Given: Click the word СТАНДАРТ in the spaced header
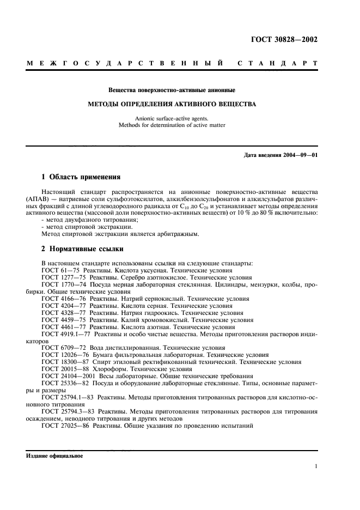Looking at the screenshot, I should point(279,64).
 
